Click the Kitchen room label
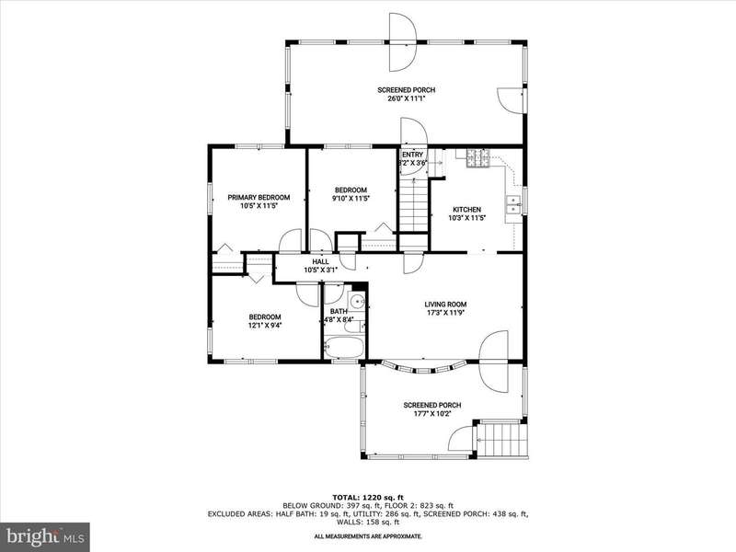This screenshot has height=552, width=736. click(466, 210)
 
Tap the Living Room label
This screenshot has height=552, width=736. click(445, 305)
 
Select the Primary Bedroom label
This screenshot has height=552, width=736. click(259, 197)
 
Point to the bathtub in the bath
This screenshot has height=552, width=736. click(344, 348)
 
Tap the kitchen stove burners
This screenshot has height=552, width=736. click(477, 158)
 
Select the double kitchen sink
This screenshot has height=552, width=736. click(513, 204)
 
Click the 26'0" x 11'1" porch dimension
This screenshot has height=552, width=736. click(407, 99)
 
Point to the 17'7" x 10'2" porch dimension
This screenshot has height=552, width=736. click(432, 413)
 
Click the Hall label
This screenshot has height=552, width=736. click(320, 261)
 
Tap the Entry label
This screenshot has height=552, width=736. click(412, 155)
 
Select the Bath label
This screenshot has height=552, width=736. click(339, 311)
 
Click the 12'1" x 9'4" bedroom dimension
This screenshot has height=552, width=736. click(265, 325)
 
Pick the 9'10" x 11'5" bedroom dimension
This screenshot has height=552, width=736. click(351, 198)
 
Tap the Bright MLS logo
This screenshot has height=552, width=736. click(45, 535)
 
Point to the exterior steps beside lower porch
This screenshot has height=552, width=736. click(501, 439)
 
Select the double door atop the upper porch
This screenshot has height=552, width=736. click(404, 42)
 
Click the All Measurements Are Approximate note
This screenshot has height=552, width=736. click(368, 535)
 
